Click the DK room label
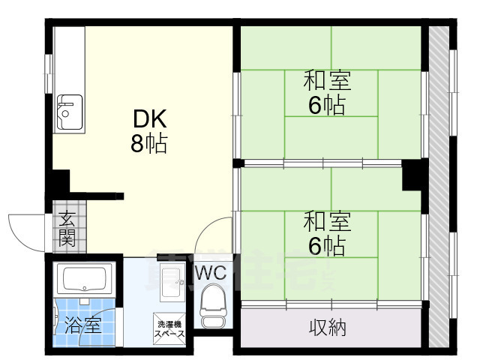[x=149, y=118]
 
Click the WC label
[x=211, y=274]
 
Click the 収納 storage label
[x=328, y=327]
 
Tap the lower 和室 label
[x=328, y=222]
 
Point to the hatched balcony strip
[x=442, y=187]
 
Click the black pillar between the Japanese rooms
[x=412, y=175]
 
